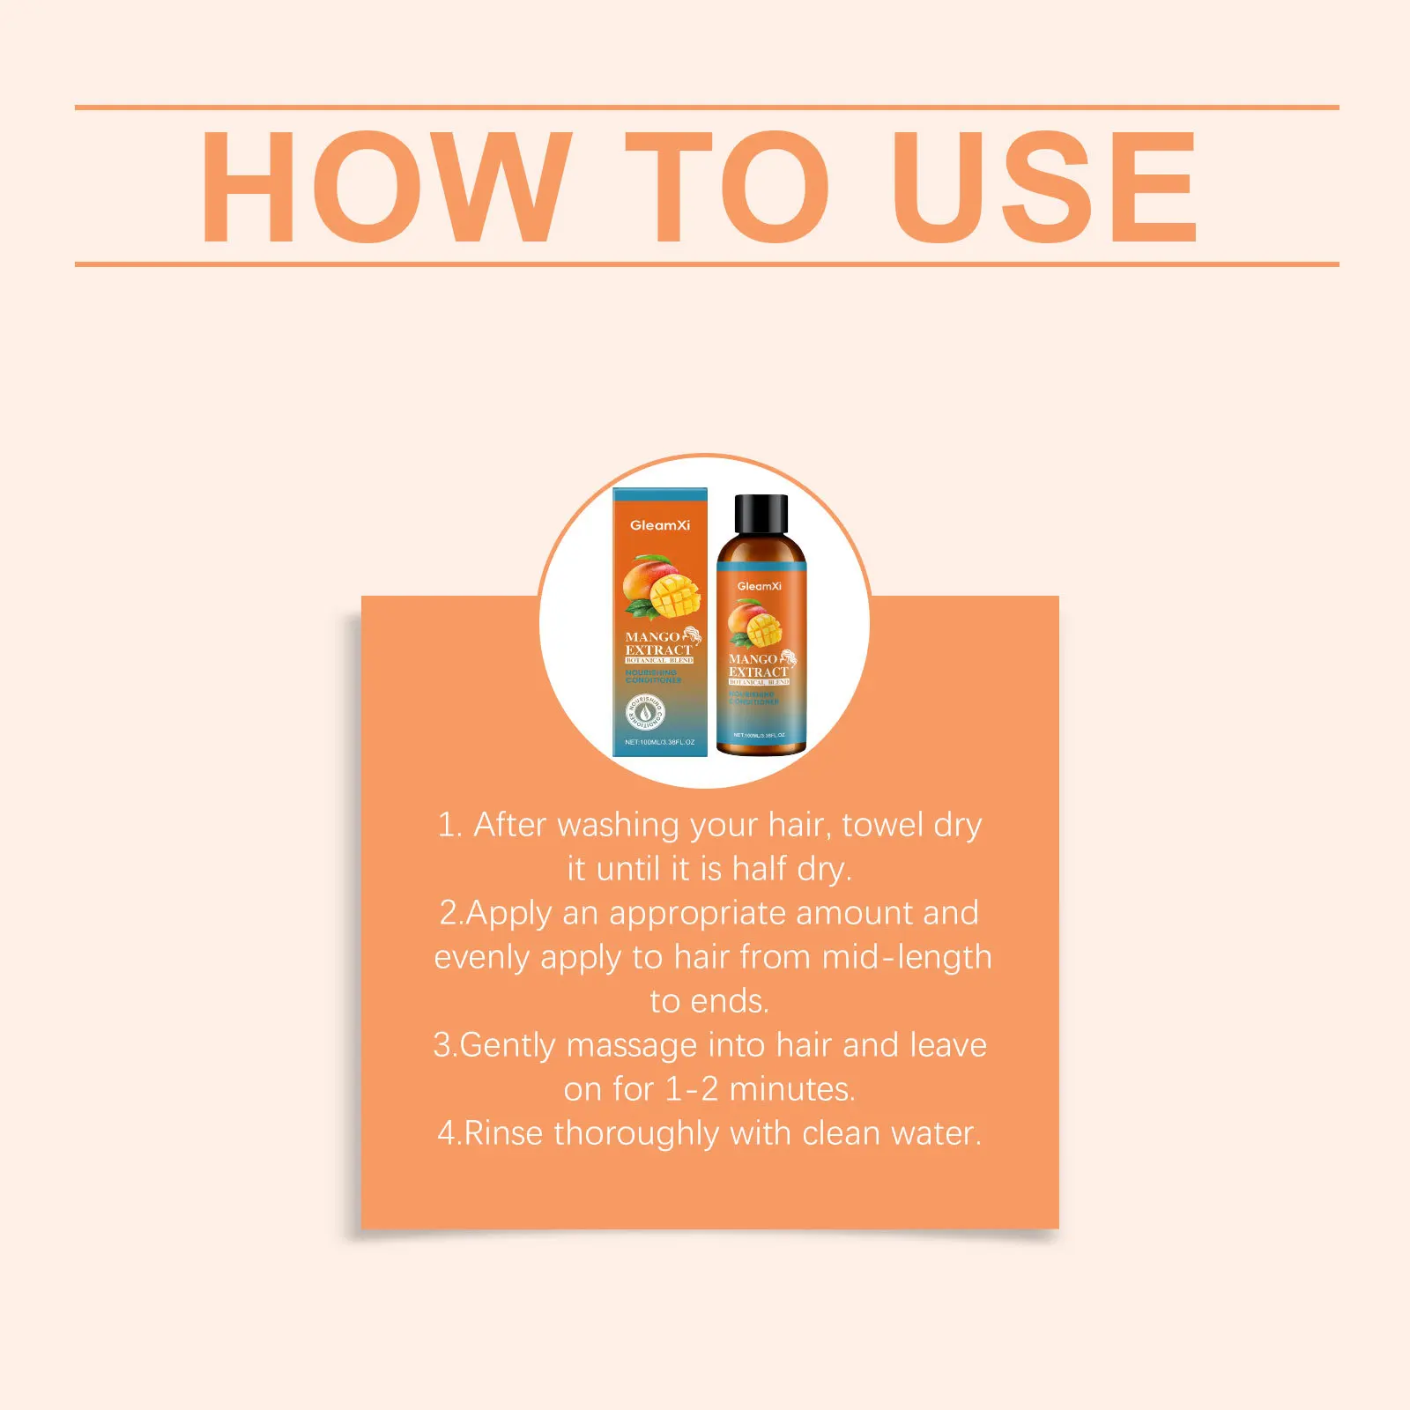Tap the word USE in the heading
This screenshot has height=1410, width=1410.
[1044, 187]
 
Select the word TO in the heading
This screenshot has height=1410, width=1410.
[727, 187]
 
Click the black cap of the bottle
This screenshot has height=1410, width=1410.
[761, 513]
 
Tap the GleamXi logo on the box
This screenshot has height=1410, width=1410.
[660, 525]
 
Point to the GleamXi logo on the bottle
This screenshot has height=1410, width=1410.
[760, 586]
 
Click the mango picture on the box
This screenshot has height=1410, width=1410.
[660, 587]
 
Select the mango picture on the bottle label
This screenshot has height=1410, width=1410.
[755, 624]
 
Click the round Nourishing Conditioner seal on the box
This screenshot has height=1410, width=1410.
[645, 711]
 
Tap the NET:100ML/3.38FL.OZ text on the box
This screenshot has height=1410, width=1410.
[660, 742]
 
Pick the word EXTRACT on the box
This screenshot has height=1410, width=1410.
[658, 650]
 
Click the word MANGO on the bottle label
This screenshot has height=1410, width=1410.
[753, 659]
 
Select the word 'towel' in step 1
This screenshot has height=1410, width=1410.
[882, 826]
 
